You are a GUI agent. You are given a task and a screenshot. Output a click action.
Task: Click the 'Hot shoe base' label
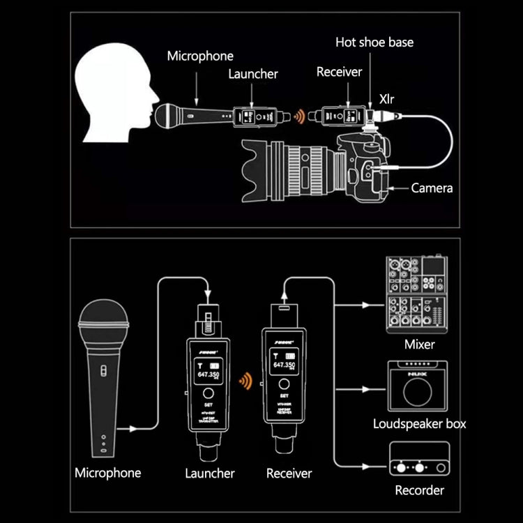[x=374, y=43]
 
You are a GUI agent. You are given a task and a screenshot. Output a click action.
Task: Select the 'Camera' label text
[x=432, y=188]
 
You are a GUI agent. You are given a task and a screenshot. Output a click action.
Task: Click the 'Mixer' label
[x=419, y=344]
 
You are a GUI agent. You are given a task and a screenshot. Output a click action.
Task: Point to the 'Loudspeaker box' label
[x=419, y=423]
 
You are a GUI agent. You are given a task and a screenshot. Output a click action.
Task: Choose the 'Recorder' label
[x=419, y=490]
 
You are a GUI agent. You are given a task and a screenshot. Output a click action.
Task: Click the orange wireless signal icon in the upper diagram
[x=298, y=116]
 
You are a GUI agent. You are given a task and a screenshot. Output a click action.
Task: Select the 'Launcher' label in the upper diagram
[x=253, y=73]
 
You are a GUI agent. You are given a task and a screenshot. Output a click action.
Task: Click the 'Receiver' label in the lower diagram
[x=289, y=473]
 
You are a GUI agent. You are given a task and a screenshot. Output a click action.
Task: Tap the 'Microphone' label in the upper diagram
[x=200, y=56]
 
